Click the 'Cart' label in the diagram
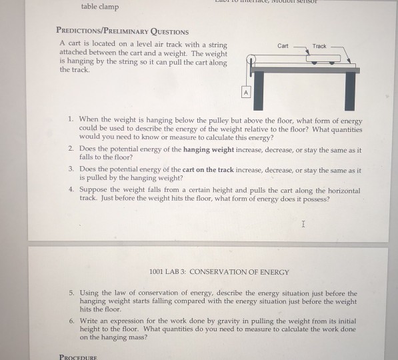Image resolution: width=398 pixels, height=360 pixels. (x=283, y=46)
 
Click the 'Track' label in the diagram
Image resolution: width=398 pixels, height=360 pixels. (x=319, y=46)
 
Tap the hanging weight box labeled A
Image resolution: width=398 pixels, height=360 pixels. (x=245, y=93)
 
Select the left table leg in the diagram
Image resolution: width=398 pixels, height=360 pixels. (x=259, y=90)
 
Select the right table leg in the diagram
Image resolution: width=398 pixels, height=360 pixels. (x=349, y=90)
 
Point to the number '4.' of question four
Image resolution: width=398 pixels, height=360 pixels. (x=71, y=190)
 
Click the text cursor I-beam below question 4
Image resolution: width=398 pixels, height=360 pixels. (x=303, y=225)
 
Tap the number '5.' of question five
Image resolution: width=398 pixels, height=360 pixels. (x=71, y=293)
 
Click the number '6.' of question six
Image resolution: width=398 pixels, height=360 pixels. (x=71, y=320)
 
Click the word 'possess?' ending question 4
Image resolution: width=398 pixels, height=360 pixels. (x=314, y=199)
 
